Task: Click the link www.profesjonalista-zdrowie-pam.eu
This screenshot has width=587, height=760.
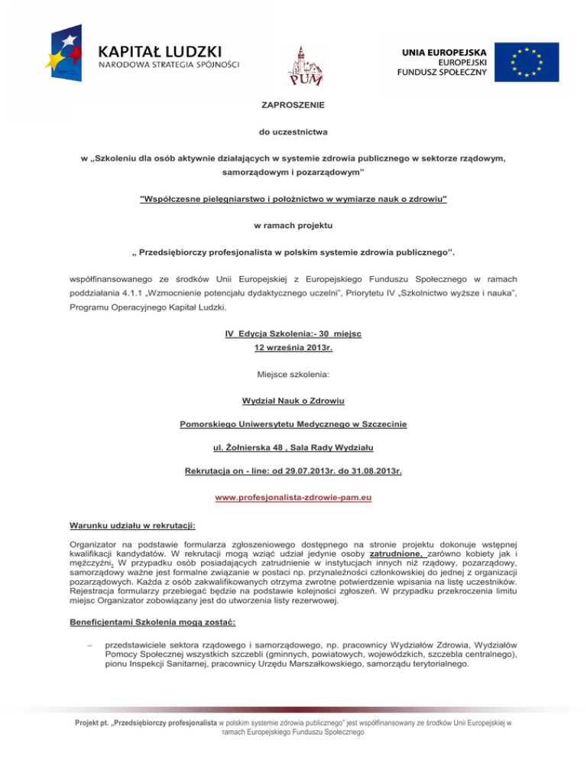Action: tap(293, 499)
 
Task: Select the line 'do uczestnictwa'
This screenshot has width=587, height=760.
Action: tap(293, 131)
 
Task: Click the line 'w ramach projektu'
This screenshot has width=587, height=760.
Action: tap(293, 227)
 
